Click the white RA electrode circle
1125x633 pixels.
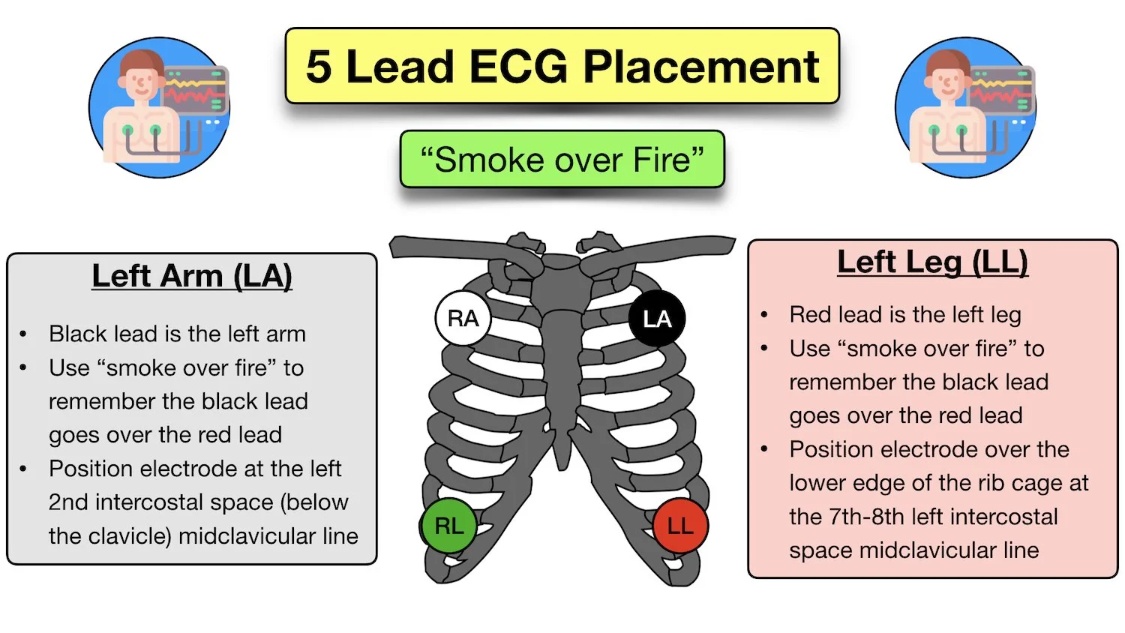click(463, 319)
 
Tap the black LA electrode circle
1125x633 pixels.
click(656, 319)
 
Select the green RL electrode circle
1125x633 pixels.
click(448, 526)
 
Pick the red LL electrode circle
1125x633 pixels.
click(680, 526)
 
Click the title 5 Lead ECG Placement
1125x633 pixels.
click(562, 67)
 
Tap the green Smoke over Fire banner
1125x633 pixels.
click(562, 160)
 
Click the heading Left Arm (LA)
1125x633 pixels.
click(192, 276)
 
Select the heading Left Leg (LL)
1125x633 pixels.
click(932, 262)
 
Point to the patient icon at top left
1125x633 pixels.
click(159, 107)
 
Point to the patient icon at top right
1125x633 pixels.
click(965, 107)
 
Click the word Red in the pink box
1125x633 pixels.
click(809, 315)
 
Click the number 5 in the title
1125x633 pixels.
click(319, 67)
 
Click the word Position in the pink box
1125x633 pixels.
click(832, 449)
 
